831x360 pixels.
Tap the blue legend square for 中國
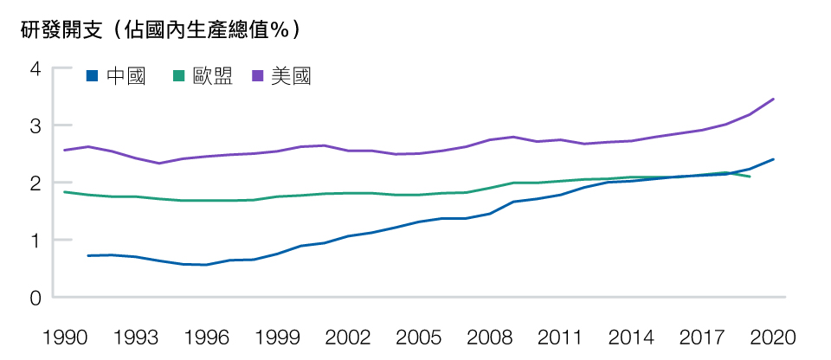point(92,76)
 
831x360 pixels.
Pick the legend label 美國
point(290,76)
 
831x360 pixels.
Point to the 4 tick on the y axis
point(35,68)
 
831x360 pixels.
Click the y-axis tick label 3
point(35,126)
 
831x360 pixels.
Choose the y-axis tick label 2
point(35,183)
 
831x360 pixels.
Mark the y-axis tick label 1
point(35,241)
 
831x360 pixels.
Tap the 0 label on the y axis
point(35,298)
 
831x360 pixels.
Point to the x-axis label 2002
point(348,336)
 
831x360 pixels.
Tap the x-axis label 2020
point(772,336)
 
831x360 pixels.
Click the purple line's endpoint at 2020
point(773,99)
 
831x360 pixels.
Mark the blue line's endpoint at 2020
point(773,159)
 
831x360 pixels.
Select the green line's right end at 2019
point(749,177)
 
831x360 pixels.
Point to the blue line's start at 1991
point(88,255)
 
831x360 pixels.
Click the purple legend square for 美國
point(256,76)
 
